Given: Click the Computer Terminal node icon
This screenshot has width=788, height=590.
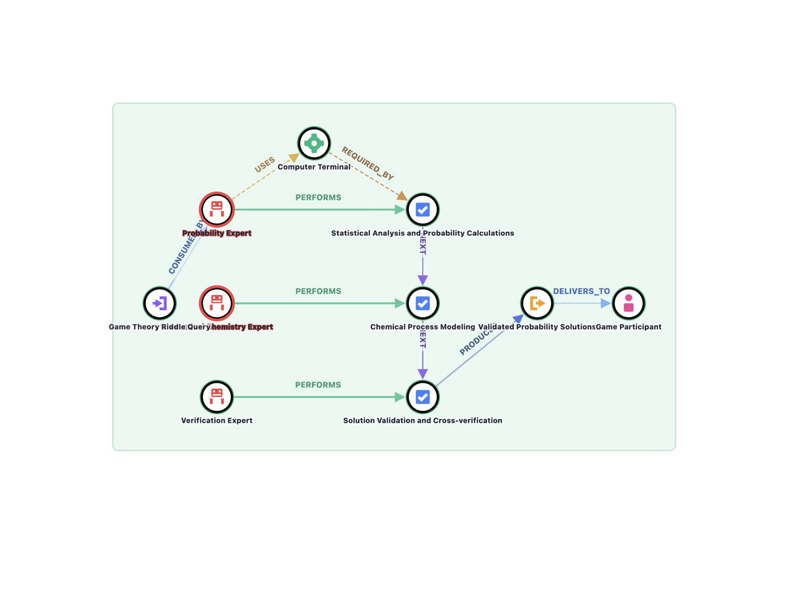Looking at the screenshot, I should point(314,143).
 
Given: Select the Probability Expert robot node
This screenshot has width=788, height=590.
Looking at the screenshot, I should point(217,209).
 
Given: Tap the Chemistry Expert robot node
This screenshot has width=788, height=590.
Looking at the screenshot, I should point(217,303).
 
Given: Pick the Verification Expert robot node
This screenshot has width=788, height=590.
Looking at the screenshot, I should point(217,397).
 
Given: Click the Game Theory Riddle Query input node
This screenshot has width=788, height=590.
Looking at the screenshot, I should point(160,303).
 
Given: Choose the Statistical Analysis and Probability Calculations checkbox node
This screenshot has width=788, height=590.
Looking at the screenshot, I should point(422,210).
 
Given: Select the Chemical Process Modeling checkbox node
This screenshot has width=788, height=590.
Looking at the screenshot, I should point(422,303).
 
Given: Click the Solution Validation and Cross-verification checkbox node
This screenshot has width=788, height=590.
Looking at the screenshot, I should point(422,397).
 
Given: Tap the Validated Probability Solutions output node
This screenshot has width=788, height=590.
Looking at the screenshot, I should point(537,303).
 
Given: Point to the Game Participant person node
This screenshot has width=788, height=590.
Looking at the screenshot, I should point(628,303).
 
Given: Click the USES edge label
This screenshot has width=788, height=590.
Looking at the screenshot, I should point(265,165).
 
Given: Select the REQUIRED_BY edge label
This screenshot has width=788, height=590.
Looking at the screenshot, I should point(368,164).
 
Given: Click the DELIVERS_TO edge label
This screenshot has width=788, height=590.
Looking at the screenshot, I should point(581,291).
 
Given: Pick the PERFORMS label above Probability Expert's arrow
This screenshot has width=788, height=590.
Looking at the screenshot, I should point(318,197).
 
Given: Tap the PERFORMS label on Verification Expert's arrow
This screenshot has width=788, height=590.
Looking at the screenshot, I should point(318,385).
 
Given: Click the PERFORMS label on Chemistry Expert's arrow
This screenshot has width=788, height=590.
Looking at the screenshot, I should point(318,291).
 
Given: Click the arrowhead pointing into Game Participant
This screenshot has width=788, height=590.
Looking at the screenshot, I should point(606,303).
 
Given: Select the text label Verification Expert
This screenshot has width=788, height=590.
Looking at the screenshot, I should point(217,420).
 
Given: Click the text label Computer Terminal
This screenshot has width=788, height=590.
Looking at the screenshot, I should point(314,167).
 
